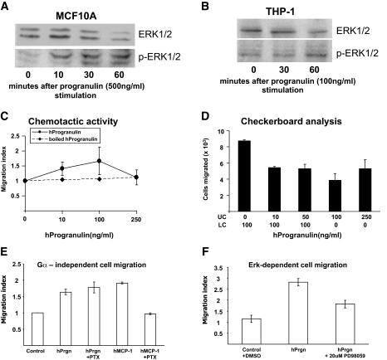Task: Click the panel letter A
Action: (x=7, y=7)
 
